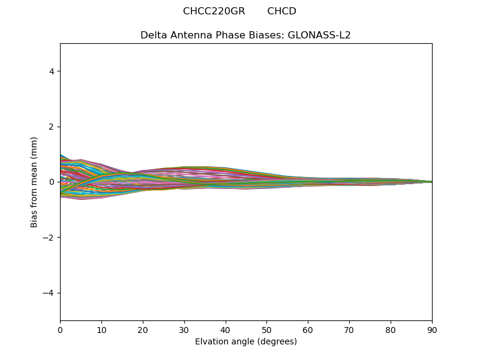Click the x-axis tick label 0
[x=60, y=329]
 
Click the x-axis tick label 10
[x=101, y=329]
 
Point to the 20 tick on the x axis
[x=143, y=329]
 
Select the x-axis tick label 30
[x=184, y=329]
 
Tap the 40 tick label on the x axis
[x=226, y=329]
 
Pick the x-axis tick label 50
[x=266, y=329]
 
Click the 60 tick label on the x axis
[x=308, y=329]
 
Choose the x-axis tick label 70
[x=349, y=329]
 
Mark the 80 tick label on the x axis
[x=391, y=329]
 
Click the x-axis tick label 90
[x=432, y=329]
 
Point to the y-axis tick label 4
[x=52, y=71]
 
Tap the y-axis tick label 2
[x=52, y=127]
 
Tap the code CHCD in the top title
[x=281, y=11]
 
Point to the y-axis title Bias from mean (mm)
[x=35, y=182]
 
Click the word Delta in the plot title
[x=153, y=35]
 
